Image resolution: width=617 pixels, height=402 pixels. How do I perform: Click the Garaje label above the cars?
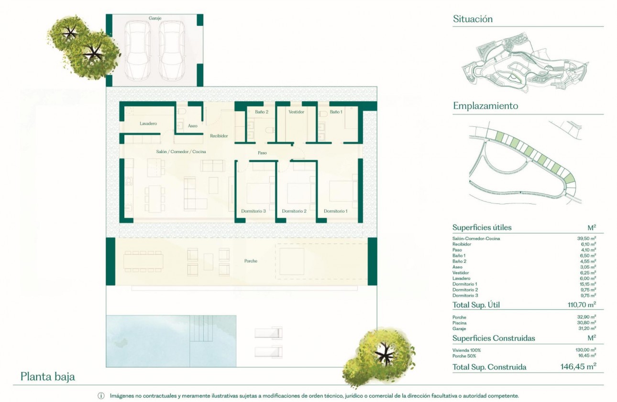155,18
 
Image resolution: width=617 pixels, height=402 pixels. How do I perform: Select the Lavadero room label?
148,123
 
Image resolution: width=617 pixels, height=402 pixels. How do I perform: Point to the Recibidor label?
219,136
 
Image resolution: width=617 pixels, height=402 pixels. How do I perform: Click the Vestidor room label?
297,112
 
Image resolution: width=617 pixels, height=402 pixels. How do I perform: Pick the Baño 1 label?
336,112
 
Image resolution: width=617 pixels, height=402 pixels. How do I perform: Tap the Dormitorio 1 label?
336,211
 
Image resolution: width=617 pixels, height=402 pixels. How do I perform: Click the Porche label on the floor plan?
251,261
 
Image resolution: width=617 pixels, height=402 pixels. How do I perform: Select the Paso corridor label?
262,153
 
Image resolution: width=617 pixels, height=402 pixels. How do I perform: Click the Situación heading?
473,20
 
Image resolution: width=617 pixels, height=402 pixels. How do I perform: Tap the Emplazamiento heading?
485,106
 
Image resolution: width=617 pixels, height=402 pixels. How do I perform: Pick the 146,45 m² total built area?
578,367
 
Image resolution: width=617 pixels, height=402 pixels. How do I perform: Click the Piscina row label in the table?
460,323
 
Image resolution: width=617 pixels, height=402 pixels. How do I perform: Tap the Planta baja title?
48,377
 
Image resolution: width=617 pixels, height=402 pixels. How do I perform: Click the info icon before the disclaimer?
101,396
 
